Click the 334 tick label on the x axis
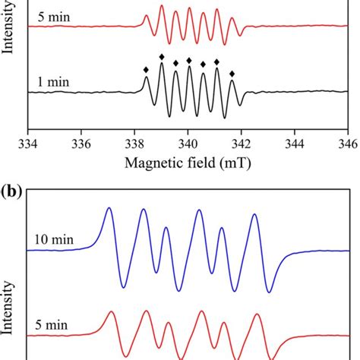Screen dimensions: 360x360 (x=28, y=142)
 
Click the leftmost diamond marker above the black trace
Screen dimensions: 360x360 (x=147, y=70)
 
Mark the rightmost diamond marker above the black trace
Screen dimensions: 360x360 (x=232, y=73)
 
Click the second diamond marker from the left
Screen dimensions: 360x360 (x=161, y=57)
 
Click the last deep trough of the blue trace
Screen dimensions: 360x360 (x=269, y=292)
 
